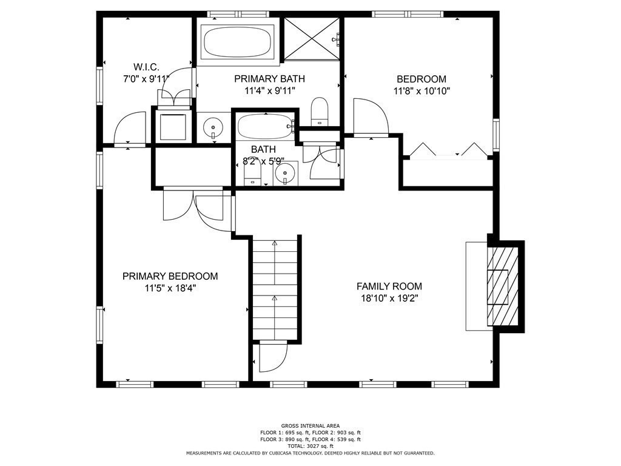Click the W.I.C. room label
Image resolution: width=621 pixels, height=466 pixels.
pyautogui.click(x=146, y=67)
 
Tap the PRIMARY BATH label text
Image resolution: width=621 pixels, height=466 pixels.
pyautogui.click(x=269, y=79)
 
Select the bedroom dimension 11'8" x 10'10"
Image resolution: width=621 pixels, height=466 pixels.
pyautogui.click(x=421, y=91)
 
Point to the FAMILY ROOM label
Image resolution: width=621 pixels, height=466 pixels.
pyautogui.click(x=389, y=286)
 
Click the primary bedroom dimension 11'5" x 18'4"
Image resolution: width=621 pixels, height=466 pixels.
pyautogui.click(x=170, y=288)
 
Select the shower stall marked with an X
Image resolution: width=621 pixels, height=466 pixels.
pyautogui.click(x=312, y=39)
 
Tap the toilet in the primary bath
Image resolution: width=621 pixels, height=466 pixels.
pyautogui.click(x=320, y=112)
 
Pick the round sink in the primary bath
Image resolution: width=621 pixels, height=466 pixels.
pyautogui.click(x=213, y=127)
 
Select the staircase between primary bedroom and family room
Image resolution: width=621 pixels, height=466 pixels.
pyautogui.click(x=275, y=288)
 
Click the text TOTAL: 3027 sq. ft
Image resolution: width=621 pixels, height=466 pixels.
pyautogui.click(x=310, y=446)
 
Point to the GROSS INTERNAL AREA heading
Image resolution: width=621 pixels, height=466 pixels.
pyautogui.click(x=310, y=426)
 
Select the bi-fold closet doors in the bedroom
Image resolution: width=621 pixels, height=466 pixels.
pyautogui.click(x=448, y=150)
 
